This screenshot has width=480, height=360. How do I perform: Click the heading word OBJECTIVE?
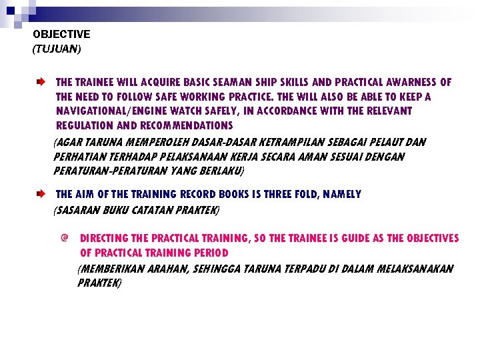[61, 34]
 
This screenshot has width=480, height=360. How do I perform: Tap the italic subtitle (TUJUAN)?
[56, 48]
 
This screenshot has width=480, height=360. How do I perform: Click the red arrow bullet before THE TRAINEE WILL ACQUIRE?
[41, 83]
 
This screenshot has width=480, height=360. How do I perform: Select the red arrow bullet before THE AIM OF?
[41, 195]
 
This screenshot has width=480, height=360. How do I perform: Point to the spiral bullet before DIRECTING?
[64, 238]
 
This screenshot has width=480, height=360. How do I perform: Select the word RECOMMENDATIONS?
[187, 125]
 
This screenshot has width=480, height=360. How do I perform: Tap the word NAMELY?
[341, 195]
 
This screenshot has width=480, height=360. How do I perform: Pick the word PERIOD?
[210, 253]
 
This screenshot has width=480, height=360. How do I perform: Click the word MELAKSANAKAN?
[415, 269]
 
